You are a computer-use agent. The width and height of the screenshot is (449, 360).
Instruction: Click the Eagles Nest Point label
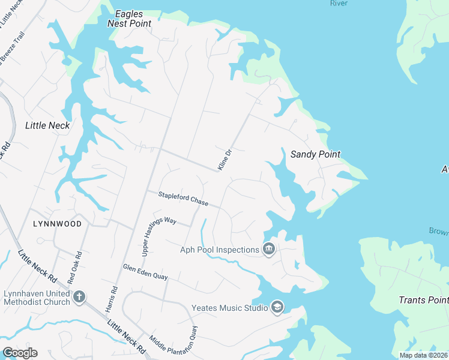coord(128,18)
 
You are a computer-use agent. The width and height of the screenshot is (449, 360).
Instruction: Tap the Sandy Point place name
coord(315,154)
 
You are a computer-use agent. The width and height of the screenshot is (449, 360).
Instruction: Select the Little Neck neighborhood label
coord(47,125)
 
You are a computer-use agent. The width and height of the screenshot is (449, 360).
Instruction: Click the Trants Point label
coord(423,300)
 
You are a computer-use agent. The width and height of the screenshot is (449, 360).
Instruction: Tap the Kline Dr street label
coord(224,160)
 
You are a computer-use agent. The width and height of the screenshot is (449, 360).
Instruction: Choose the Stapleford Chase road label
coord(183,199)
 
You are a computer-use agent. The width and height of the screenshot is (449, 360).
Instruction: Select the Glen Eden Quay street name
coord(145,272)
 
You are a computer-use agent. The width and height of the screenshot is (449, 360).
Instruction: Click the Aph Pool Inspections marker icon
coord(269,249)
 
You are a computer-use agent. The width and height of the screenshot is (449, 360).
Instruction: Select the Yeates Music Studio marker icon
coord(277,308)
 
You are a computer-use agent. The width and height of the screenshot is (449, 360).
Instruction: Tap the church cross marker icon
coord(79,296)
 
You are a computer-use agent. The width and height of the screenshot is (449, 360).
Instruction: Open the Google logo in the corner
coord(20,353)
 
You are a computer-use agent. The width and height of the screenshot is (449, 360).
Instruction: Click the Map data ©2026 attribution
coord(423,355)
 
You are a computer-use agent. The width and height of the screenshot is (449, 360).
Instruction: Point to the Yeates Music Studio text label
coord(229,308)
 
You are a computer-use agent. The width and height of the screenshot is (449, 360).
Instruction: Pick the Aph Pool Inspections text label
coord(220,250)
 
